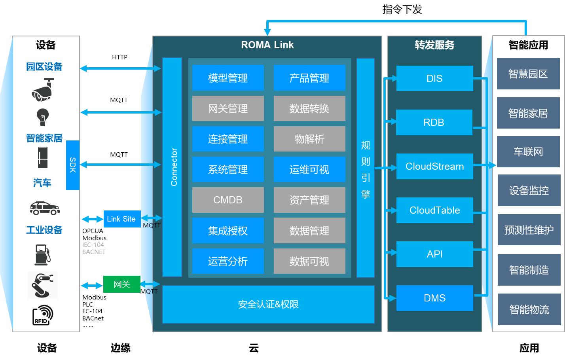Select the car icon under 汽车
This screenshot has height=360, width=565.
45,207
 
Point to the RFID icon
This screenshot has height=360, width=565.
43,315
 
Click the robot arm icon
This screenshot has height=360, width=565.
43,285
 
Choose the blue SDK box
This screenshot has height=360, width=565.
73,165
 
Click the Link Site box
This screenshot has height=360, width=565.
121,219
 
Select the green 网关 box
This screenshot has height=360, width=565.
121,284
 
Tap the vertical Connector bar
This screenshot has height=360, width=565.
172,167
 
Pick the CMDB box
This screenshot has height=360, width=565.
228,200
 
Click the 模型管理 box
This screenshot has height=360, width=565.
228,78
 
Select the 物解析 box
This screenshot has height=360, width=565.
309,139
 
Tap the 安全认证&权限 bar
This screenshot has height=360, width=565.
268,304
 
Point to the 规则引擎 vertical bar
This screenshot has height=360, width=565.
365,168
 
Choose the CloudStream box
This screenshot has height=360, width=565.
434,167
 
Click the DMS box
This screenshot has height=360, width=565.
434,298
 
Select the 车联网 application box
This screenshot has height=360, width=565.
528,152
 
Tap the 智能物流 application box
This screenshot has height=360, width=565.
529,309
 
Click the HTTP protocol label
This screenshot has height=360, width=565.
119,57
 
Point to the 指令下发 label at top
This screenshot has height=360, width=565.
402,9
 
